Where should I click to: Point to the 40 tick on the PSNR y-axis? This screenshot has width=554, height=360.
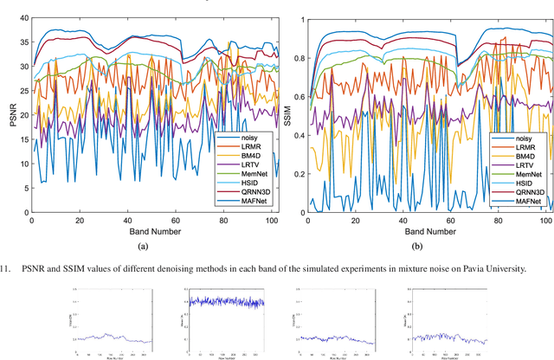(x=22, y=17)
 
